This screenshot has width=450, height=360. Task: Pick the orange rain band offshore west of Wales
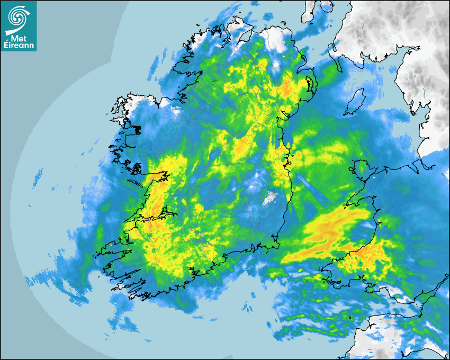click(328, 233)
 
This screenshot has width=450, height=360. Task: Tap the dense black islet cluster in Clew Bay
click(136, 129)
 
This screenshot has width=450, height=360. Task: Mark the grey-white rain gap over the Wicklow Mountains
click(271, 199)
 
